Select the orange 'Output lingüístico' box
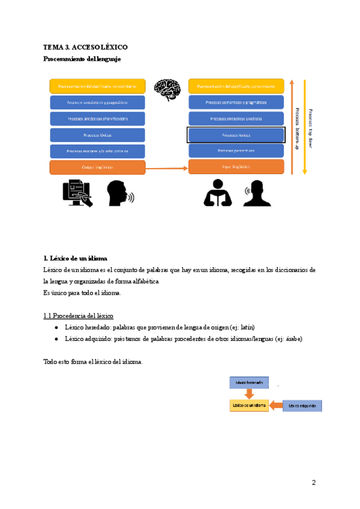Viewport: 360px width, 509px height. click(98, 167)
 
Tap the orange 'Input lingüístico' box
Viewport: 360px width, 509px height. click(236, 166)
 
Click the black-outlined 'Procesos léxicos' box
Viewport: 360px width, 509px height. click(236, 134)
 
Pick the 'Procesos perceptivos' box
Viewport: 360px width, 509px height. click(236, 151)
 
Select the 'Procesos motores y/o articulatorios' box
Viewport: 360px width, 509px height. click(98, 151)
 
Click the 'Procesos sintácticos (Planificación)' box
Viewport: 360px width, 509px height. click(98, 118)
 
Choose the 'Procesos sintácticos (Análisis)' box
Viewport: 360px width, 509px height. click(236, 118)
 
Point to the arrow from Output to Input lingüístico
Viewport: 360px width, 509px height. click(167, 168)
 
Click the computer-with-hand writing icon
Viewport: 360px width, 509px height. click(78, 193)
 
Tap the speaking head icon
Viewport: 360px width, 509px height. click(120, 193)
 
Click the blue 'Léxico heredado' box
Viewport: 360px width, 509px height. click(248, 382)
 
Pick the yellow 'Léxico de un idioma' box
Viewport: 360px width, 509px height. click(248, 406)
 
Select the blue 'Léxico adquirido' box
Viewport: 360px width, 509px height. click(302, 406)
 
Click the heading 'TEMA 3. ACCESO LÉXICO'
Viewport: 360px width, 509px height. click(85, 47)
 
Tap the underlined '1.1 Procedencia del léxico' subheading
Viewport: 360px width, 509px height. click(78, 316)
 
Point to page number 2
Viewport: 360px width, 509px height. click(313, 483)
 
